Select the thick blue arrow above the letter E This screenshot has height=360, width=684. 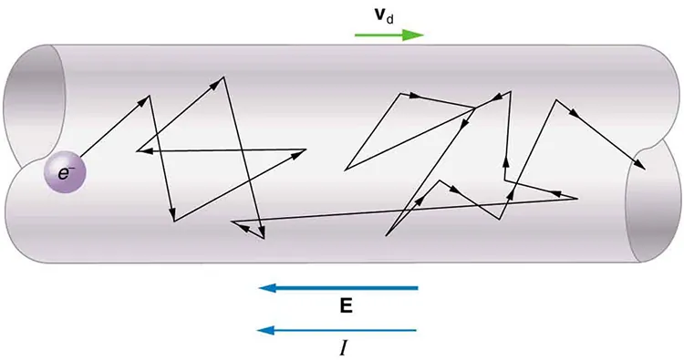click(347, 288)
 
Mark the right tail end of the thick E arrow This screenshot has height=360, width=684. click(416, 288)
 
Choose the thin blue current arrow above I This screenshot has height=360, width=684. click(347, 329)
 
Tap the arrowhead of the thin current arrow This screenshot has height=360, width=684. click(267, 329)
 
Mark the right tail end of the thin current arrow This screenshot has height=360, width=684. click(416, 329)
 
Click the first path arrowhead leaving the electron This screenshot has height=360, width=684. click(144, 98)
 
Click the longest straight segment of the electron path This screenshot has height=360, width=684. click(401, 210)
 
